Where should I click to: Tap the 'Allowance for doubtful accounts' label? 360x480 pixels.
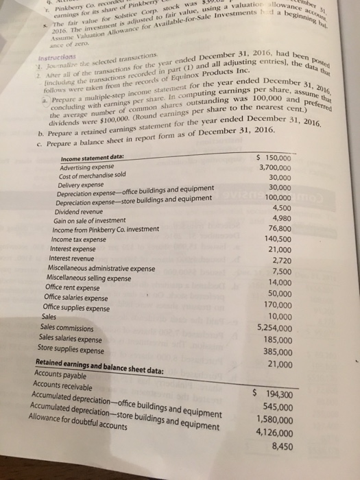pyautogui.click(x=81, y=426)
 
